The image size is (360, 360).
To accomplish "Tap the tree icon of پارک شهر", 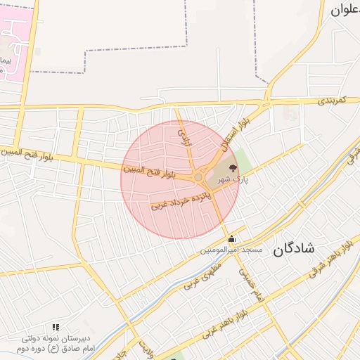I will (x=233, y=168).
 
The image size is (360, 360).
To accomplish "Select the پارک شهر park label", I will (x=233, y=180).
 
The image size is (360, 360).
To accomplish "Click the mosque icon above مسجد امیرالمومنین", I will (x=231, y=238).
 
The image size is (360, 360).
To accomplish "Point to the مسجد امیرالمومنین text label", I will (x=231, y=250).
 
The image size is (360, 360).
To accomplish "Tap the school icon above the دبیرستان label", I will (x=56, y=327).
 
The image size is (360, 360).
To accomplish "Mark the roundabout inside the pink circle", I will (x=199, y=178).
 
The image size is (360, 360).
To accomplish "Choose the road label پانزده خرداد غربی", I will (x=181, y=198).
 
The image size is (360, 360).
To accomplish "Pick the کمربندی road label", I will (x=330, y=101).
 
